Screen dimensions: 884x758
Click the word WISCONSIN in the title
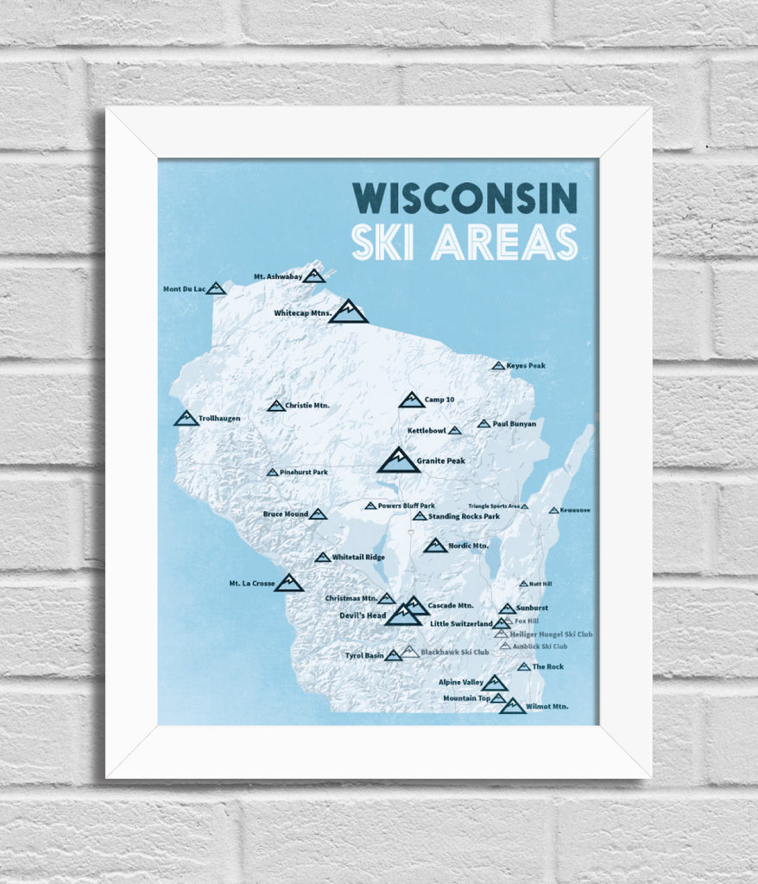(464, 198)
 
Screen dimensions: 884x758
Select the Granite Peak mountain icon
(398, 460)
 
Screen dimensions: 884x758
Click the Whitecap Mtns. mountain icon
(349, 312)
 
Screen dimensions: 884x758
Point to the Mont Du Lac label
(183, 288)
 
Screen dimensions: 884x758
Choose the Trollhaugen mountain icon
(186, 419)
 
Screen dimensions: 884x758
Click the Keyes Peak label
(526, 366)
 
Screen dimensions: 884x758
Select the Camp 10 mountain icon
(412, 400)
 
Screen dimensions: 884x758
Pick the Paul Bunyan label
(515, 424)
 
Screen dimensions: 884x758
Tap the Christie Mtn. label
(307, 405)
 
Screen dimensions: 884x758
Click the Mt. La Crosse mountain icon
(288, 584)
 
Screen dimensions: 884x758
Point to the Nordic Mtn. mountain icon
(435, 546)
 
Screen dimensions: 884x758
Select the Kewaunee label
(575, 510)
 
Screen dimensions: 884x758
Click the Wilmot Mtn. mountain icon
(512, 706)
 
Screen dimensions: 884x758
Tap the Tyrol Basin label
(363, 655)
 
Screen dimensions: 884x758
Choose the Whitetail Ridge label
(358, 558)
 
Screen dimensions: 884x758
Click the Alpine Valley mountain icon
(494, 683)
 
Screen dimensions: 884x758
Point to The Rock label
(547, 666)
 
